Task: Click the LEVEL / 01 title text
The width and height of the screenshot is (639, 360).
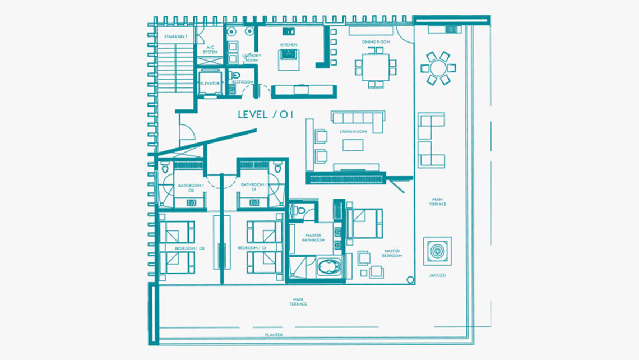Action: tap(266, 115)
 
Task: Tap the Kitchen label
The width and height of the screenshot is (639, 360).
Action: tap(289, 45)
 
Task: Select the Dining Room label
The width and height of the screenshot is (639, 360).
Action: tap(376, 42)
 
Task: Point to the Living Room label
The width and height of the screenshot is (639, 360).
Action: tap(353, 132)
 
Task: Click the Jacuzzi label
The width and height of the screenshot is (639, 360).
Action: tap(438, 276)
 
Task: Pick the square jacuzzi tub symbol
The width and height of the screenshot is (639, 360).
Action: tap(437, 251)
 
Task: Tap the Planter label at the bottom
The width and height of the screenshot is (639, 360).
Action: tap(274, 335)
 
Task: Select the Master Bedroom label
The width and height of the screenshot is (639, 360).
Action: tap(393, 253)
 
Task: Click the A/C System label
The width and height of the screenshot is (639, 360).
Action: tap(210, 50)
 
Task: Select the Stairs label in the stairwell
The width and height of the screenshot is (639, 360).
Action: tap(175, 37)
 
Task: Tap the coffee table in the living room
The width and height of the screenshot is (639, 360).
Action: tap(353, 145)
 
